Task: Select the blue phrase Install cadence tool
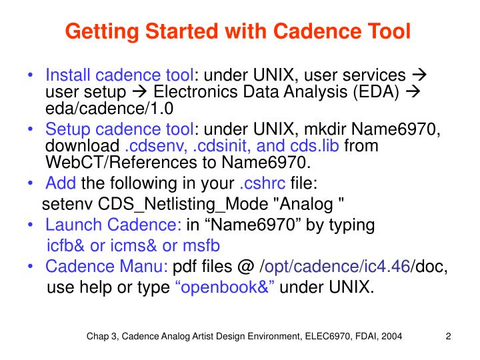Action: pos(119,75)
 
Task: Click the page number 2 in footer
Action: pos(448,337)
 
